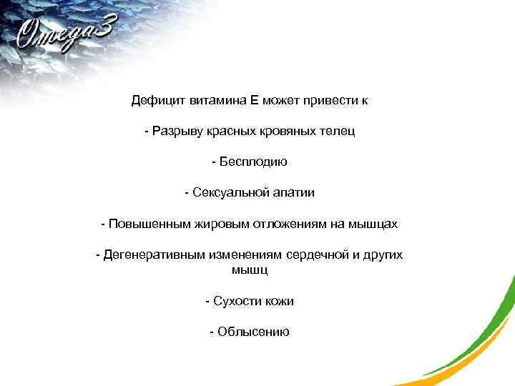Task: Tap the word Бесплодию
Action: tap(252, 162)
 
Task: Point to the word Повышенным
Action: tap(147, 224)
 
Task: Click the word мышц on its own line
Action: tap(249, 270)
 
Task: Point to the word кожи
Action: tap(279, 302)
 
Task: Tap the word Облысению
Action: tap(253, 332)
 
